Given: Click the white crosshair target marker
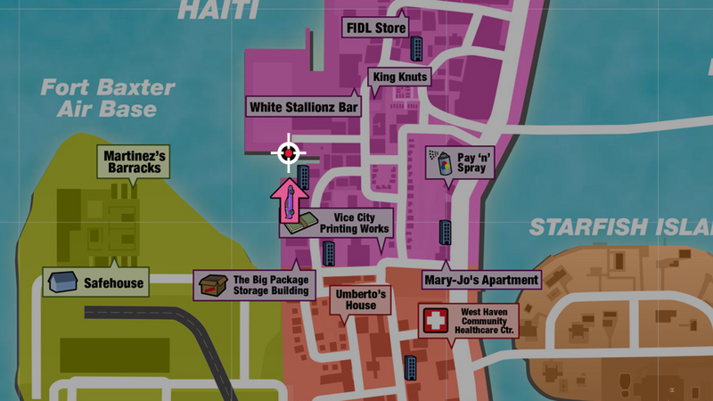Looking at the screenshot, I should point(288,153).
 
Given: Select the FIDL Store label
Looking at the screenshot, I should point(375,29).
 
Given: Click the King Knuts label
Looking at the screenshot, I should point(401,78).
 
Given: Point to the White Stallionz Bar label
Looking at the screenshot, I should point(304,107).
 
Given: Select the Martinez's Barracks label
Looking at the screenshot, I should point(133,161).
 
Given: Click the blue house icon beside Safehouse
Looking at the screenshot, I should point(61,282).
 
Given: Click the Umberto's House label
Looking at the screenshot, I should point(361,299).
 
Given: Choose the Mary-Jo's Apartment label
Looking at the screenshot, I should point(481,280).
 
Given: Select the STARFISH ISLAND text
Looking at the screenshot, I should point(620,227).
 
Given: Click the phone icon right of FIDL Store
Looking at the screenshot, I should point(416,47).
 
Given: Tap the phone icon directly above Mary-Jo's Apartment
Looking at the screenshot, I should point(445,233).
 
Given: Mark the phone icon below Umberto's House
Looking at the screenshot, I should point(411,366).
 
